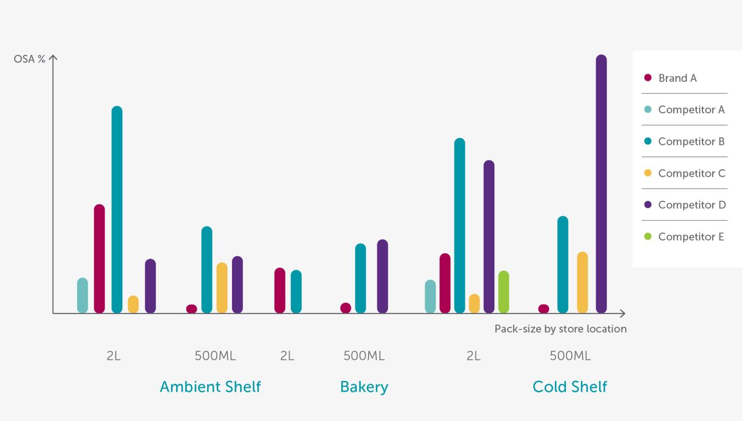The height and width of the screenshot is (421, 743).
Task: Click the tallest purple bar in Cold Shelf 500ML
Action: [x=601, y=183]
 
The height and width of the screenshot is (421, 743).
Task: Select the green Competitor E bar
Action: [x=504, y=292]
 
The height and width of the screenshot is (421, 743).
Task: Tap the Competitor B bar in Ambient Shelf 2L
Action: [x=117, y=209]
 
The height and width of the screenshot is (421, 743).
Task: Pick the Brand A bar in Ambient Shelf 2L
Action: [x=99, y=259]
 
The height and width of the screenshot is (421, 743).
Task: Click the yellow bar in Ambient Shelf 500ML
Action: [x=222, y=288]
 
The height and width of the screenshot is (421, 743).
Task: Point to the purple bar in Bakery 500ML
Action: [x=382, y=276]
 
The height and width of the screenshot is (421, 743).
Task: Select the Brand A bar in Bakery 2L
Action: [x=279, y=291]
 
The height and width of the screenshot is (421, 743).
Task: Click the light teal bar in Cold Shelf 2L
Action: [x=430, y=296]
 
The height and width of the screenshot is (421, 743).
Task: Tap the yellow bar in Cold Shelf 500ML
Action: [x=582, y=283]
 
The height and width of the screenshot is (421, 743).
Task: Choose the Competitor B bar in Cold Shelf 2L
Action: [x=460, y=225]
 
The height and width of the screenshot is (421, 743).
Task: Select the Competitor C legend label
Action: [x=692, y=173]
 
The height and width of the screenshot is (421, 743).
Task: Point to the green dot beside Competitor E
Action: [x=648, y=236]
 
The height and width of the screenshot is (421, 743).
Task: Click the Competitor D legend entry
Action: [x=692, y=205]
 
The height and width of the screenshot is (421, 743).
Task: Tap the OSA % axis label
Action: [x=30, y=59]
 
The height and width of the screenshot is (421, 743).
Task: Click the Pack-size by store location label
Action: [x=560, y=329]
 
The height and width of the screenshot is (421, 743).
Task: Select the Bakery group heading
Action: [x=364, y=387]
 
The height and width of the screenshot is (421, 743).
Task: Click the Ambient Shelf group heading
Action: [x=210, y=387]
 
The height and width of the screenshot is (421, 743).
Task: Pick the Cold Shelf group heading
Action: [x=570, y=387]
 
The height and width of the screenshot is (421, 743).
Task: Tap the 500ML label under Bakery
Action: [x=364, y=356]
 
